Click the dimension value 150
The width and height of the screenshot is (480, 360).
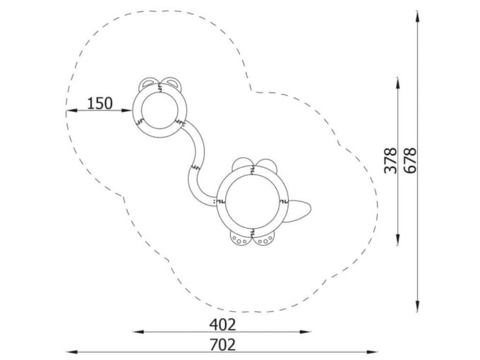point(100,104)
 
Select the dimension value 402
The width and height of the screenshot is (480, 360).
point(222,325)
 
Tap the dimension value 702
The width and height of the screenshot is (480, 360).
point(222,345)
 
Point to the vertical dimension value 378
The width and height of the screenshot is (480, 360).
point(390,160)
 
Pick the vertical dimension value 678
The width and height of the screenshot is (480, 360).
point(410,160)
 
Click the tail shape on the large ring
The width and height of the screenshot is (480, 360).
point(300,210)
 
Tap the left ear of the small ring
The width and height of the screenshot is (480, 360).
point(148,83)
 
